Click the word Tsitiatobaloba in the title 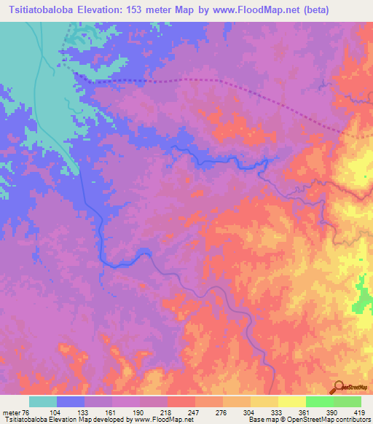42,10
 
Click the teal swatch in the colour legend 43,401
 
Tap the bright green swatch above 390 319,401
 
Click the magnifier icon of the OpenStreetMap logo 339,386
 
